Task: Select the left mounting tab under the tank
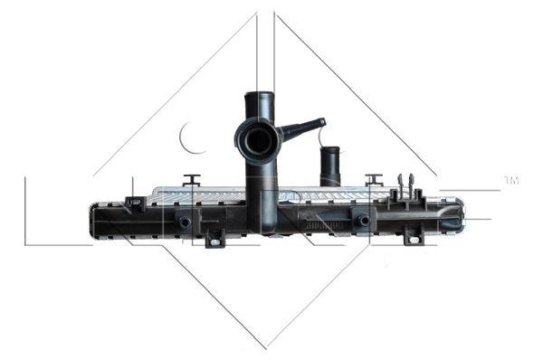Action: tap(214, 239)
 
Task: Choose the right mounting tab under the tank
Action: tap(412, 237)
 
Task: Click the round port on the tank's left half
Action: tap(184, 222)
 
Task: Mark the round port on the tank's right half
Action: tap(363, 220)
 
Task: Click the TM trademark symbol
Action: tap(511, 181)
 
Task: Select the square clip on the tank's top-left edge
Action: tap(133, 201)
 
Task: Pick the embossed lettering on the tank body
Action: tap(321, 217)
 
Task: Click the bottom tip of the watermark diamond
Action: tap(265, 346)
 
